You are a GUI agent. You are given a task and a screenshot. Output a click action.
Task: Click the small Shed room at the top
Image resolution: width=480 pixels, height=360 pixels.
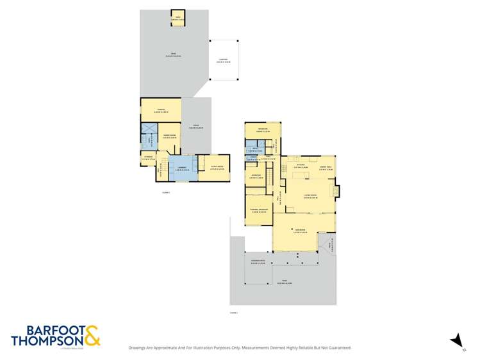[x=178, y=17]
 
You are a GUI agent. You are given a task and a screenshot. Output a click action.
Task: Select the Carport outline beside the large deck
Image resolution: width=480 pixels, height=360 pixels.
[x=224, y=60]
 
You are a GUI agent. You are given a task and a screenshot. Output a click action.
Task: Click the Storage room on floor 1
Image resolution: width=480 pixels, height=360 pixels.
[x=147, y=157]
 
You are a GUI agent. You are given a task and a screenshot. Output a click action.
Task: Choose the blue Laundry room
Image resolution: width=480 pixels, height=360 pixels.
[x=181, y=168]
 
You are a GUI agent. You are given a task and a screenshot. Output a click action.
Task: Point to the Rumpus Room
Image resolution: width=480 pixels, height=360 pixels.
[x=216, y=167]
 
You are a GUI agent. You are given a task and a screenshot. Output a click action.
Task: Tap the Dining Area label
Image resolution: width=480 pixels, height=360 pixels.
[x=325, y=168]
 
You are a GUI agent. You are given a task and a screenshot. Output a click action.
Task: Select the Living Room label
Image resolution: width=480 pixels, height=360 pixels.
[x=311, y=196]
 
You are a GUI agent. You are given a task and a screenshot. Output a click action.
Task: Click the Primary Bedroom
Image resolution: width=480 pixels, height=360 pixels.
[x=258, y=210]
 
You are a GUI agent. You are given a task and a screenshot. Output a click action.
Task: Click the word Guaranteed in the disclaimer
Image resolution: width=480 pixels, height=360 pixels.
[x=337, y=348]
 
